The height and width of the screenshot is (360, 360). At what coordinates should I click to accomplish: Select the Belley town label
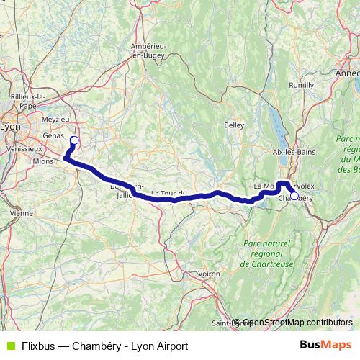234,125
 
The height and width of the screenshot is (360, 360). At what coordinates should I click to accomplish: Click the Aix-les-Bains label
292,152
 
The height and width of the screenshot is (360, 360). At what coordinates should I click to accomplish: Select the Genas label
54,135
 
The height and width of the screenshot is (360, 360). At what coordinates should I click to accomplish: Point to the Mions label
43,162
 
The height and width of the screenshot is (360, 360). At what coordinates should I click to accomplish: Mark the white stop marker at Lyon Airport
74,140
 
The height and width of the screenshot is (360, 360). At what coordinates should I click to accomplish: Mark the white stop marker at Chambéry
294,195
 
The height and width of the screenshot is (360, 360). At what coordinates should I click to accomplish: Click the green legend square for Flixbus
10,346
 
